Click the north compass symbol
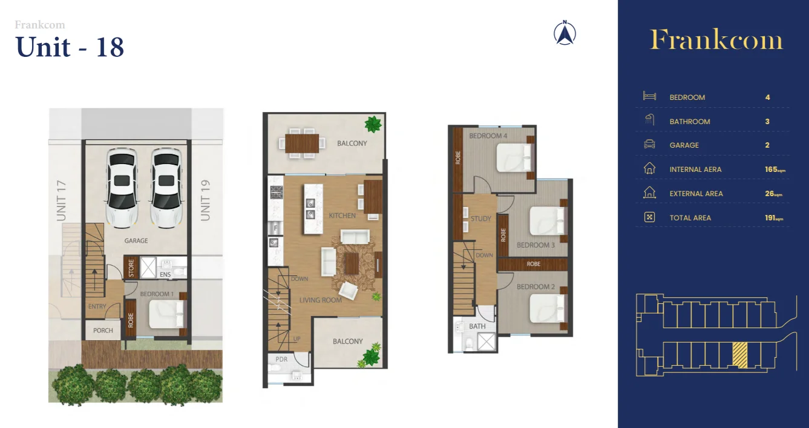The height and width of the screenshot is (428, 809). [565, 33]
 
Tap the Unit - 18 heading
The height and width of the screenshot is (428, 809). [70, 47]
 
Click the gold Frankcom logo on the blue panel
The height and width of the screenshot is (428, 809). [716, 41]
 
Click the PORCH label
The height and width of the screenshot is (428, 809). [103, 331]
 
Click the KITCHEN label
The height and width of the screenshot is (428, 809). [342, 216]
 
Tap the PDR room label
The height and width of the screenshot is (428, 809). [282, 359]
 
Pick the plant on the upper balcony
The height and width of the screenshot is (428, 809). [373, 125]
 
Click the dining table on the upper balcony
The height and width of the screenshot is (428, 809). [300, 143]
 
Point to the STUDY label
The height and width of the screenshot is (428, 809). [481, 219]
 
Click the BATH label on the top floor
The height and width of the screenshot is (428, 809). [477, 326]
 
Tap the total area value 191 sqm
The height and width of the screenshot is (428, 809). [773, 217]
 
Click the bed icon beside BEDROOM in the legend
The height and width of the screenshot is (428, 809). [649, 97]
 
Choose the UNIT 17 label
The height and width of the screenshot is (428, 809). [61, 201]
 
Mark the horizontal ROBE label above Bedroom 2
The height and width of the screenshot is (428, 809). [533, 264]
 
